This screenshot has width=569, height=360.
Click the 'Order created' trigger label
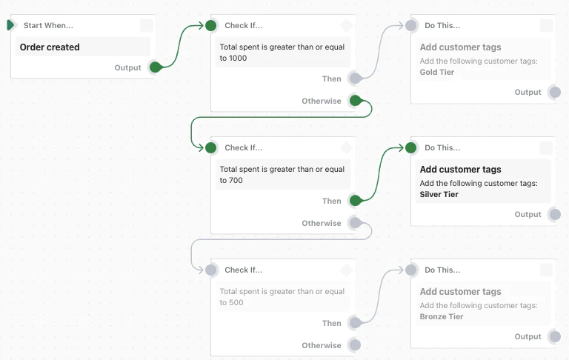click(50, 47)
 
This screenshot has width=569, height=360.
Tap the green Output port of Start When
click(155, 67)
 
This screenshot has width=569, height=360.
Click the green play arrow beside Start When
click(10, 25)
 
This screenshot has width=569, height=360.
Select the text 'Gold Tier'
click(436, 73)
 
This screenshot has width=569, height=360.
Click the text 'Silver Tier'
click(439, 195)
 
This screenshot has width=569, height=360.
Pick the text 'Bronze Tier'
click(441, 317)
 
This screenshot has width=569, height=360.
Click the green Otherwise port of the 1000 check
click(355, 101)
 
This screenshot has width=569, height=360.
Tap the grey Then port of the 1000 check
click(355, 79)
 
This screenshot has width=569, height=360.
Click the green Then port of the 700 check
click(355, 201)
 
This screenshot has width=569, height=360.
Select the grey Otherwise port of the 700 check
click(355, 223)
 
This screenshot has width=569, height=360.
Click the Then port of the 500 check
click(355, 323)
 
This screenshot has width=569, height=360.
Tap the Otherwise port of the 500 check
click(355, 345)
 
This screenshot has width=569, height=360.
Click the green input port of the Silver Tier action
click(411, 147)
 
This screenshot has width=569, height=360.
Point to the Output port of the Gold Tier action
click(554, 92)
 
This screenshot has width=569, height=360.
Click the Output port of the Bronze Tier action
click(554, 336)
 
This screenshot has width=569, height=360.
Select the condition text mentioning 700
click(282, 175)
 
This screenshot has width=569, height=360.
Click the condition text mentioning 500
click(282, 297)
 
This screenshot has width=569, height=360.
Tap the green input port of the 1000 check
click(211, 25)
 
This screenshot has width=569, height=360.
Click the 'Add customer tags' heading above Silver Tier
click(460, 170)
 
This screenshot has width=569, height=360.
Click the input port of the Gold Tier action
click(411, 25)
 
